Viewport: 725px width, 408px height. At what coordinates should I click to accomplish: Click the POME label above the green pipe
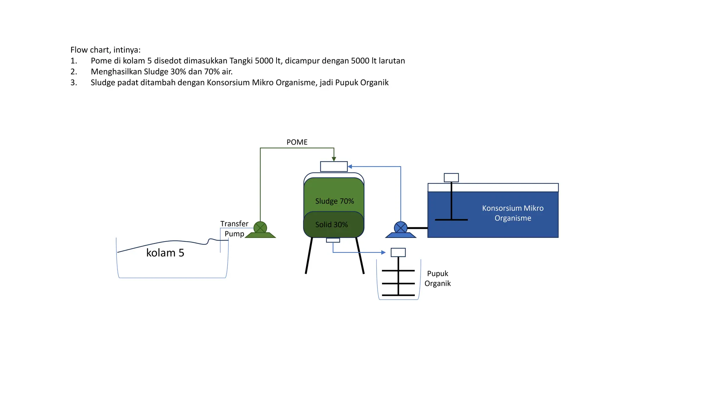coord(297,142)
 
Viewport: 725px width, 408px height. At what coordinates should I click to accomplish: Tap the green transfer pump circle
coord(260,227)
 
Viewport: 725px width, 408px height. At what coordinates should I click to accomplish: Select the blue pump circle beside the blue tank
coord(400,227)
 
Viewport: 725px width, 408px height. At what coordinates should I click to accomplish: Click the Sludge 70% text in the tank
coord(335,201)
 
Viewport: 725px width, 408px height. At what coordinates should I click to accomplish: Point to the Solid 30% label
coord(331,225)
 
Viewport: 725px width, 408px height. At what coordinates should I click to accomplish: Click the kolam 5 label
coord(165,253)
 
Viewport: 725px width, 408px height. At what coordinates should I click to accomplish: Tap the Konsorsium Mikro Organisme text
coord(513,213)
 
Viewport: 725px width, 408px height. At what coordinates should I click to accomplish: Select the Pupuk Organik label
coord(438,278)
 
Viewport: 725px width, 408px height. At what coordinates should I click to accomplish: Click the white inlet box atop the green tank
coord(333,166)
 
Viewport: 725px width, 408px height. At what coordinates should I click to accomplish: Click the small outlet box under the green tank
coord(333,240)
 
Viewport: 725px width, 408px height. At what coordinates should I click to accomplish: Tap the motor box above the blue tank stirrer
coord(451,177)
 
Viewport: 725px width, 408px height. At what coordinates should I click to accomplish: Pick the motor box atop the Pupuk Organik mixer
coord(398,252)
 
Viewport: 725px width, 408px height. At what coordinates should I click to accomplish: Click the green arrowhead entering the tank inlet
coord(334,159)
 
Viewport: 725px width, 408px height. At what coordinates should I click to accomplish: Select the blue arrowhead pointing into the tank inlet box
coord(350,166)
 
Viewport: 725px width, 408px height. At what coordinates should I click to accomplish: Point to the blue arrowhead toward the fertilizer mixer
coord(383,253)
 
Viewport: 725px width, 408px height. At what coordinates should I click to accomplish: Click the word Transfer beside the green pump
coord(234,224)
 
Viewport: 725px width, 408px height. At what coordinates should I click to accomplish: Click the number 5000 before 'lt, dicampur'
coord(264,61)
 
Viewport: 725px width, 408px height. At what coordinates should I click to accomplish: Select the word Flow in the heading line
coord(78,50)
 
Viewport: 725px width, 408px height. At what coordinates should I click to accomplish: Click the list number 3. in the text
coord(74,83)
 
